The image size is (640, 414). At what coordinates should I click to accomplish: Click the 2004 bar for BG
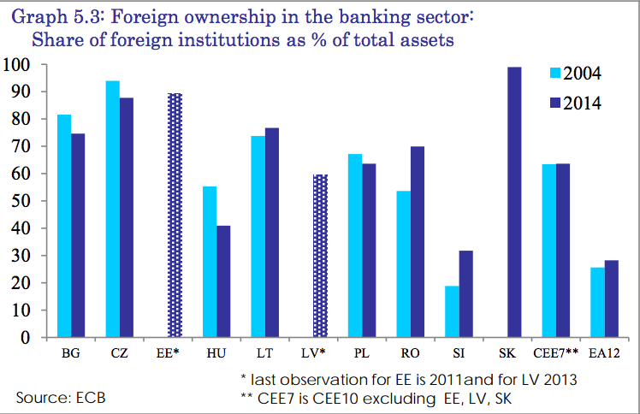[64, 226]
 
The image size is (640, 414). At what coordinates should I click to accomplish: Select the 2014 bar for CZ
[126, 217]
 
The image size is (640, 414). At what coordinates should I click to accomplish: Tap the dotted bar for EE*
[175, 215]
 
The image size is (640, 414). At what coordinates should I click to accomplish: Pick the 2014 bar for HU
[223, 281]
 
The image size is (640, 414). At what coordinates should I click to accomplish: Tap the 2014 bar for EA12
[611, 299]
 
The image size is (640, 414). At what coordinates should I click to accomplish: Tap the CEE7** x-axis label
[556, 352]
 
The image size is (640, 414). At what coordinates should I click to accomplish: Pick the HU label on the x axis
[216, 352]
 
